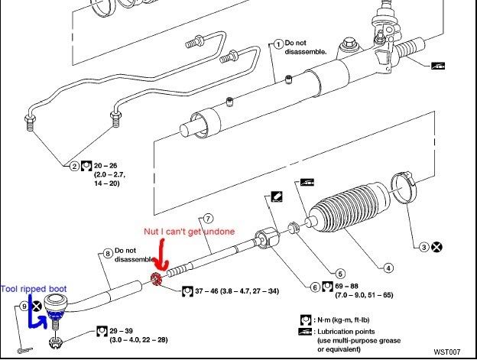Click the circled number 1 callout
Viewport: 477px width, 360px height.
278,44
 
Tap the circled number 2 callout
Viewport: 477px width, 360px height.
75,165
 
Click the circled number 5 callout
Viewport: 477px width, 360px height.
329,272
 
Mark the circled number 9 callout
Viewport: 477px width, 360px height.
24,306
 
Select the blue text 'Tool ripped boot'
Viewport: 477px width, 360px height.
34,288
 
